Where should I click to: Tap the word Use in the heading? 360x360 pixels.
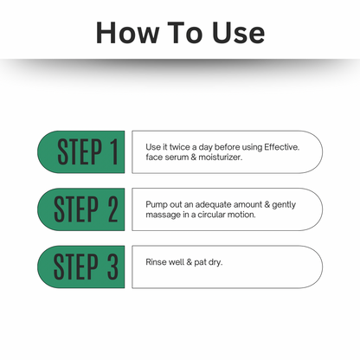(x=235, y=32)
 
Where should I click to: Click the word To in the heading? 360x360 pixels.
(x=185, y=32)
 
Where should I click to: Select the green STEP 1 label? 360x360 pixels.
(x=82, y=152)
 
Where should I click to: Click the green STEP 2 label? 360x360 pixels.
(x=82, y=209)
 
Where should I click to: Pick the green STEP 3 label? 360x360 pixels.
(x=82, y=267)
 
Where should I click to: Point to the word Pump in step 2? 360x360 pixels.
(x=155, y=204)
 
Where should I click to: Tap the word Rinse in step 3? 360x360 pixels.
(x=156, y=261)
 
